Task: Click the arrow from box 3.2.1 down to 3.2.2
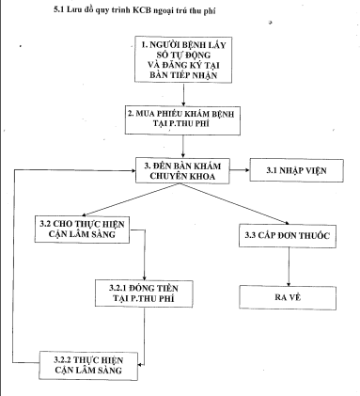(x=143, y=329)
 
